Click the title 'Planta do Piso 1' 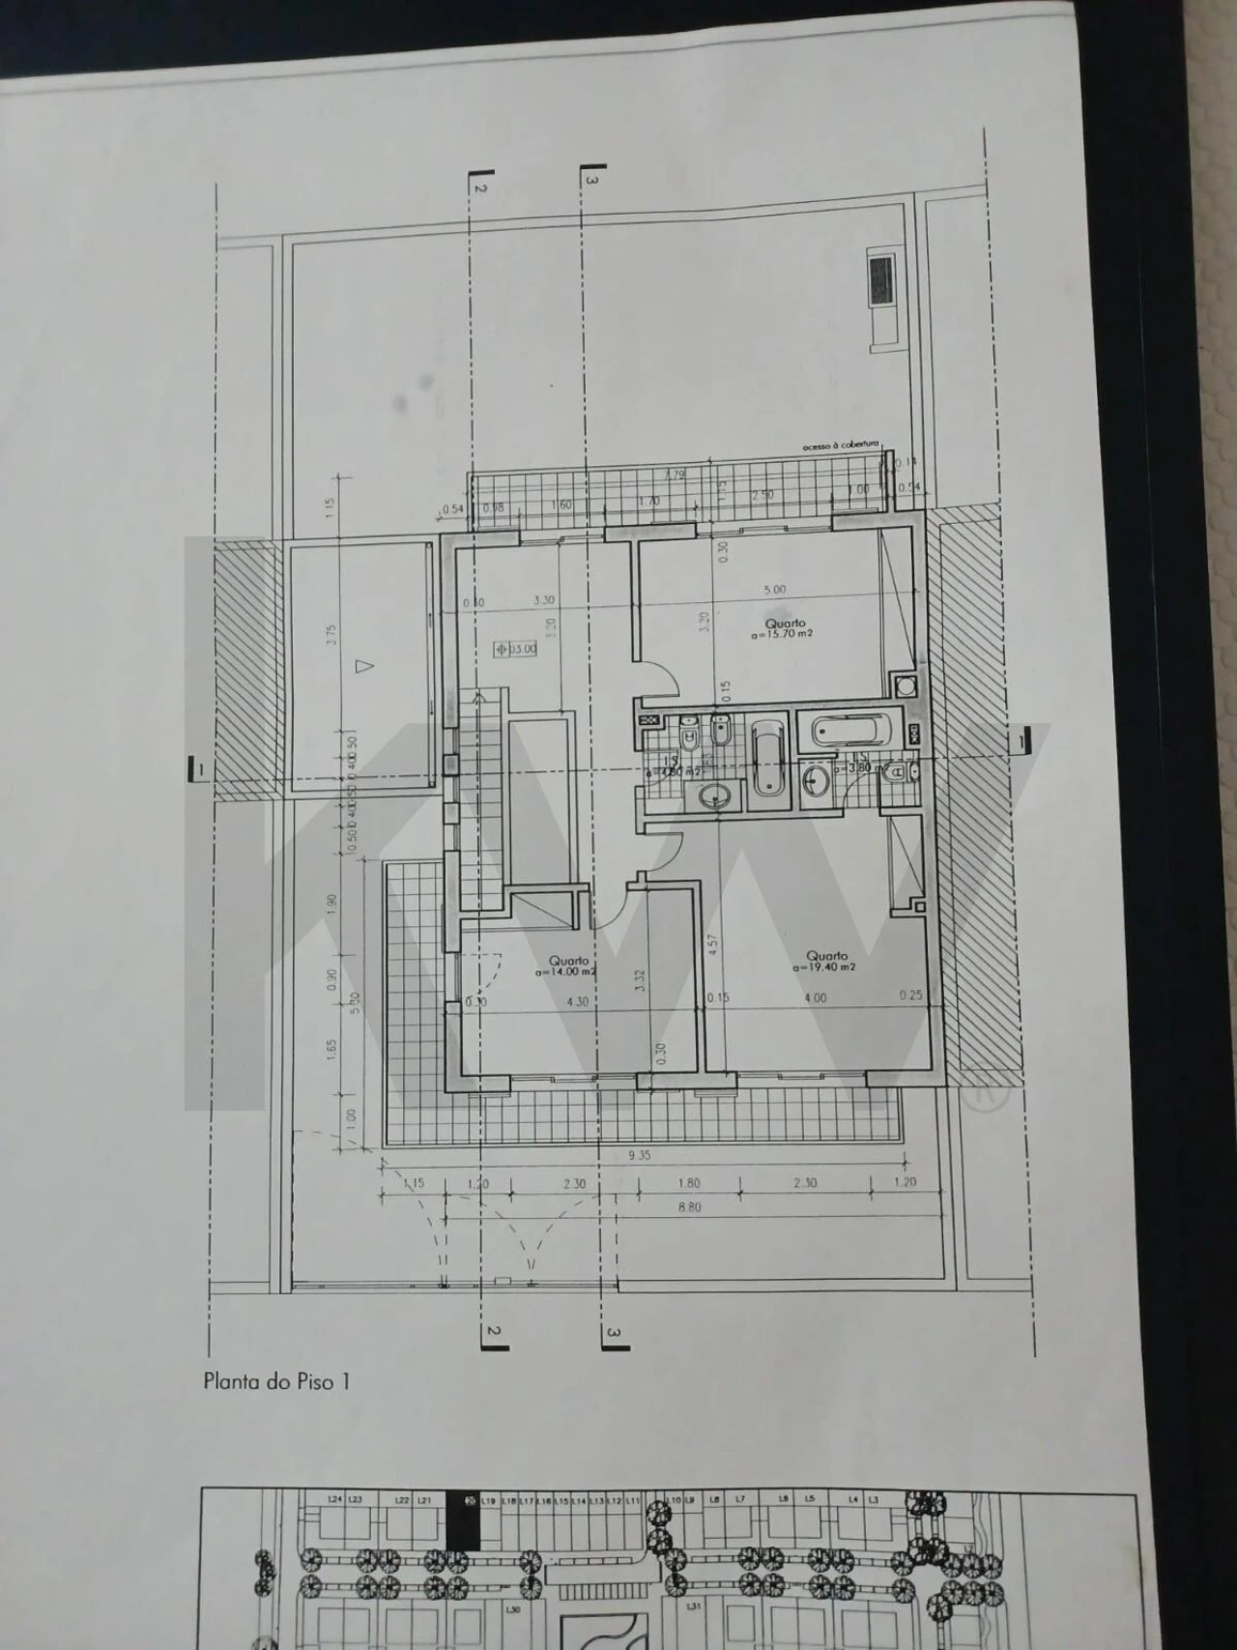276,1381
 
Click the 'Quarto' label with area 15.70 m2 785,623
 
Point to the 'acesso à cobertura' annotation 840,446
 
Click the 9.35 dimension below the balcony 639,1155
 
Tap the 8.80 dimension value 689,1206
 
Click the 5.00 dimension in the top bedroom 775,589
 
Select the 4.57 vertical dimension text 712,943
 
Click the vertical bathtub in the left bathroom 768,758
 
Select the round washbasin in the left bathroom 716,796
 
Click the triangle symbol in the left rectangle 363,665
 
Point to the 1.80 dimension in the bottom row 689,1183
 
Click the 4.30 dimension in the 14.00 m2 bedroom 576,1001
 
